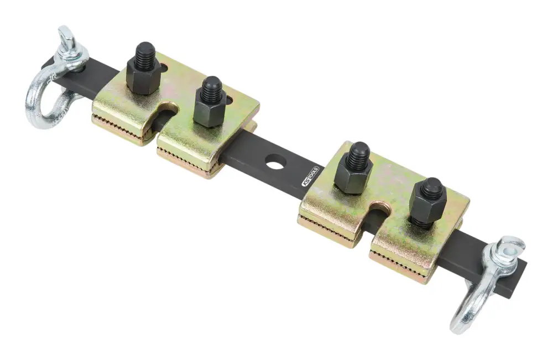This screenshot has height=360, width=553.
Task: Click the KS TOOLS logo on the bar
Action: tap(310, 176)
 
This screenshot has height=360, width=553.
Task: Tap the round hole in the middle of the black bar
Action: tap(275, 161)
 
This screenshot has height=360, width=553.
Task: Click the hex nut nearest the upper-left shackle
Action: tap(143, 79)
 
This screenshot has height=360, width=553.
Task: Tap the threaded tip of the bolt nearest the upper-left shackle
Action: tap(144, 53)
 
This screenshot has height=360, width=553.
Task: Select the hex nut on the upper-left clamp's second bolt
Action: tap(210, 111)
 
